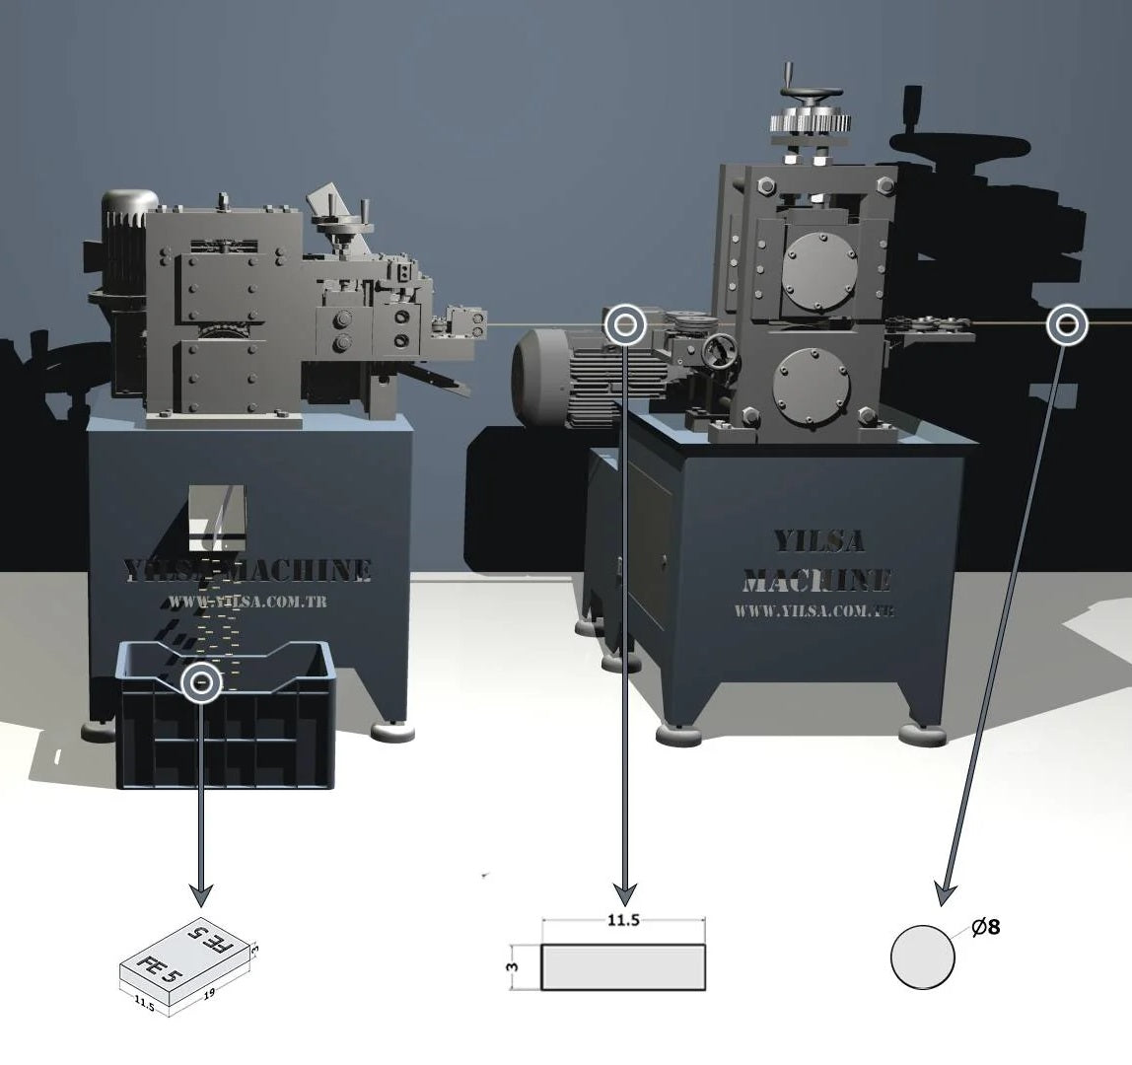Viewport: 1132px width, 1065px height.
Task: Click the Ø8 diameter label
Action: click(986, 927)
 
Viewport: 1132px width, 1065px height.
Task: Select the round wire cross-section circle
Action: click(923, 957)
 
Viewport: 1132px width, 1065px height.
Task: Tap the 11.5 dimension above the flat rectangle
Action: click(623, 921)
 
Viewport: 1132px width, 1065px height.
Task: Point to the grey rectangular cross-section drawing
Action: click(623, 967)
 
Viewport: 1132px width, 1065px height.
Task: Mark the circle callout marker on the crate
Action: click(202, 681)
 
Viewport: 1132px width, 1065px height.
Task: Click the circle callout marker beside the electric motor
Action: click(624, 323)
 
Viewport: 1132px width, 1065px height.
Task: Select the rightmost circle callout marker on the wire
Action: click(1066, 323)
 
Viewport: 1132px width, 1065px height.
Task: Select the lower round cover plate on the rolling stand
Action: click(812, 383)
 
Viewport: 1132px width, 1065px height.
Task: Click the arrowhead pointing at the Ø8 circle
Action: click(944, 894)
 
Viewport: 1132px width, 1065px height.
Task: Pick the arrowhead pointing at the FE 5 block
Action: click(201, 895)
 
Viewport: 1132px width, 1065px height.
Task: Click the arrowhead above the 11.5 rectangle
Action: click(624, 894)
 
